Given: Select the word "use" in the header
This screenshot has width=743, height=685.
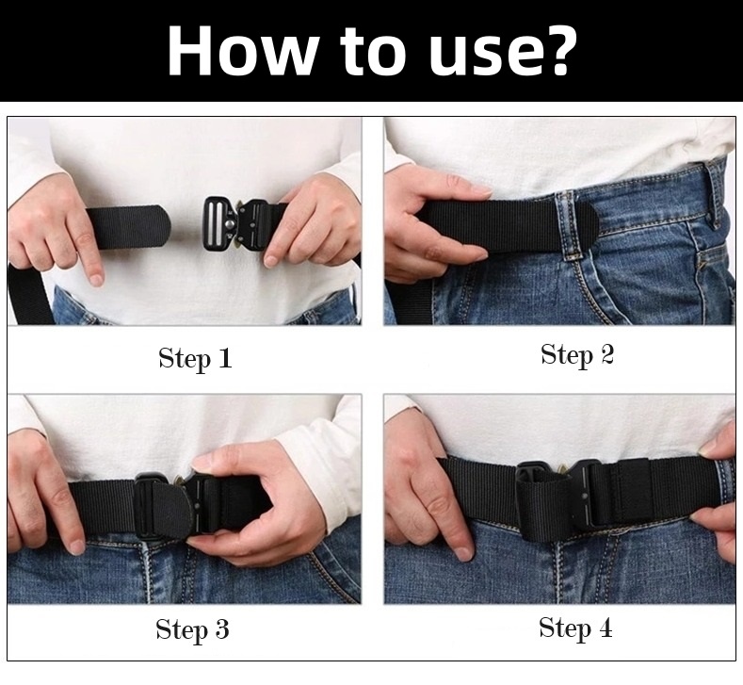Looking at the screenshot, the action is (x=478, y=57).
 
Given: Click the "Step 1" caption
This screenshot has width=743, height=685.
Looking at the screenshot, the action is (x=195, y=358).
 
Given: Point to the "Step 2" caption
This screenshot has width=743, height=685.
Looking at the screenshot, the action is (x=577, y=355).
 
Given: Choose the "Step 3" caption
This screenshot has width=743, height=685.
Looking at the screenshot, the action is (x=192, y=630).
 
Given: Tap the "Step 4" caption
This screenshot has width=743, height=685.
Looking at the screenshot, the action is (x=575, y=628).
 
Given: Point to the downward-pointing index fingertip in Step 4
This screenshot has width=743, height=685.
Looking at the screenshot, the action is (x=463, y=552).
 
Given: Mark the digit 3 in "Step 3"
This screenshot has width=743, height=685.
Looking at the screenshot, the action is (x=222, y=629).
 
